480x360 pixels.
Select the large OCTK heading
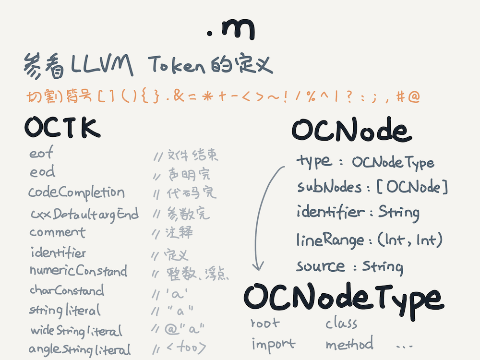pos(62,128)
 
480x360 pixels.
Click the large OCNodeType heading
pos(343,298)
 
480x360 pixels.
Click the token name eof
pos(41,154)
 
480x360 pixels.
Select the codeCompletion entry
pos(76,192)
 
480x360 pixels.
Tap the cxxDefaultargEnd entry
pos(84,214)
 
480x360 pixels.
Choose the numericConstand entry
pos(78,271)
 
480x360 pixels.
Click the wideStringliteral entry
pos(76,331)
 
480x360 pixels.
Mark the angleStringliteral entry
pos(80,349)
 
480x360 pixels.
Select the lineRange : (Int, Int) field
pos(369,240)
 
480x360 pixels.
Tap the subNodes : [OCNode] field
pos(372,187)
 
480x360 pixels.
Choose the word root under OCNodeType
pos(264,324)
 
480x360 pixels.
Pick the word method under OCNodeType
pos(349,344)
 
